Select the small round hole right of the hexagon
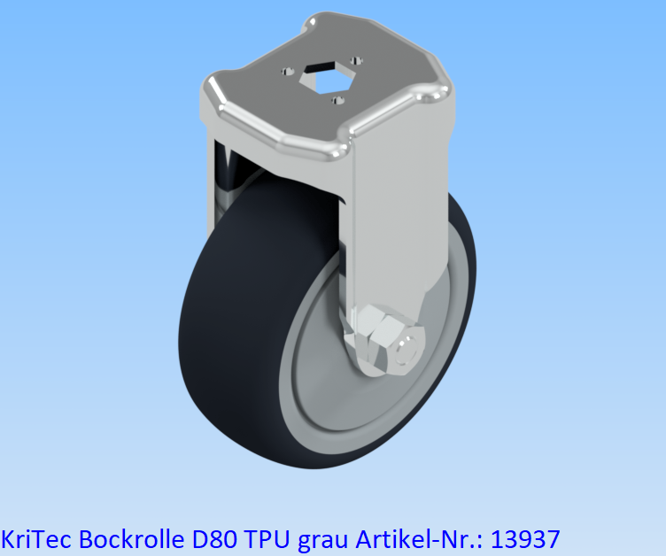coord(358,60)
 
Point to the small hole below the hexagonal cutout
coord(335,99)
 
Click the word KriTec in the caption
coord(36,537)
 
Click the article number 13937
coord(528,537)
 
